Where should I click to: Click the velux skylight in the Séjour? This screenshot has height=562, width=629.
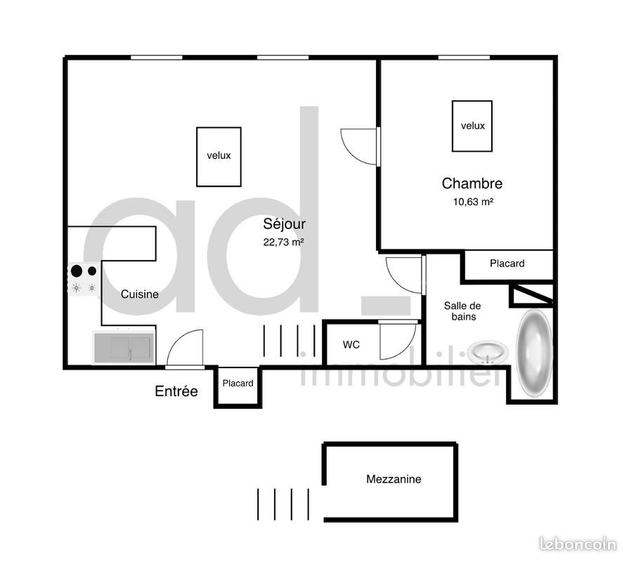(x=219, y=157)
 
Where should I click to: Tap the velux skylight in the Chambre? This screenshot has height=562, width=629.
(x=472, y=126)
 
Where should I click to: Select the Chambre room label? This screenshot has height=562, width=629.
(x=472, y=184)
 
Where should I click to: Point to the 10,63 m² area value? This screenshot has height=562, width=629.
(x=472, y=202)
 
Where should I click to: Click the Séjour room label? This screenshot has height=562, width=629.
(x=284, y=225)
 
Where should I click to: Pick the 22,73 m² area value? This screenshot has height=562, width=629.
(x=284, y=242)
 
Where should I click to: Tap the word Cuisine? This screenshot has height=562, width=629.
(x=139, y=294)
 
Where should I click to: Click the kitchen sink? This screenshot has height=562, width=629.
(x=123, y=347)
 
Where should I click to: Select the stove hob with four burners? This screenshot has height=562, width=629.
(x=84, y=279)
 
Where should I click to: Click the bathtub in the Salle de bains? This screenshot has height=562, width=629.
(x=534, y=351)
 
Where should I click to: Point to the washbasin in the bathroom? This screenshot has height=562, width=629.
(x=488, y=350)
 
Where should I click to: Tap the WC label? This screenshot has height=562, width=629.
(x=351, y=345)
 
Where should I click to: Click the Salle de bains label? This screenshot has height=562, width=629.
(x=462, y=311)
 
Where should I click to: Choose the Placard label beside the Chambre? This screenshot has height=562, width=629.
(x=507, y=263)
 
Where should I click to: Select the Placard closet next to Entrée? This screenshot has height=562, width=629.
(x=238, y=384)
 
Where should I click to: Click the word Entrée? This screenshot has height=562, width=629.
(x=176, y=391)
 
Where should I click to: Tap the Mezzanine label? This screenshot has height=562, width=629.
(x=394, y=479)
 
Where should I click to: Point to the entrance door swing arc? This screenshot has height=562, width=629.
(x=183, y=346)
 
